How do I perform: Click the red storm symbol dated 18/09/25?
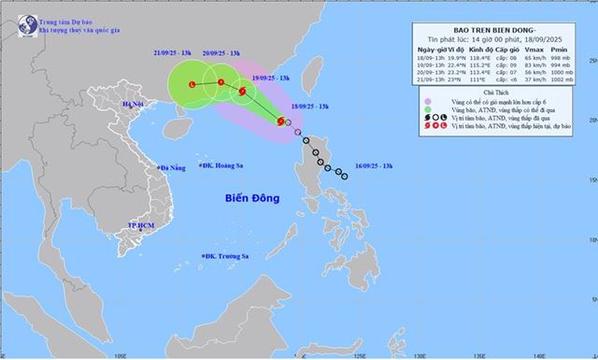[x=279, y=122]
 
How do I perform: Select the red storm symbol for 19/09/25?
[x=243, y=92]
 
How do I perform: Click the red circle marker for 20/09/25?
[x=221, y=82]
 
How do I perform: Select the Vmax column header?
[x=534, y=49]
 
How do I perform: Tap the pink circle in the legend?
[x=427, y=102]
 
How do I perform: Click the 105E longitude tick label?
[x=120, y=355]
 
